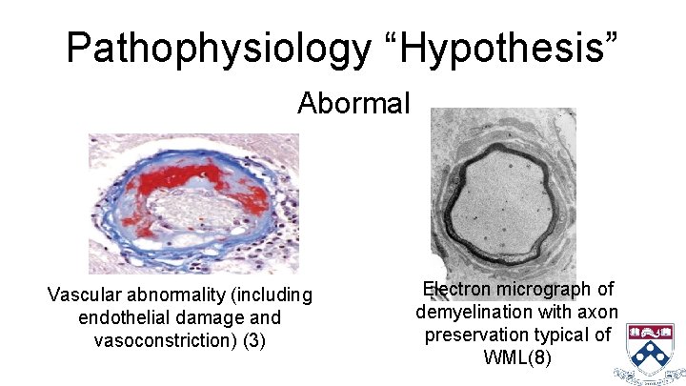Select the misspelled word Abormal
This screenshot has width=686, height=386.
click(353, 102)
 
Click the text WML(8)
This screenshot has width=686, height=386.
click(517, 358)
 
